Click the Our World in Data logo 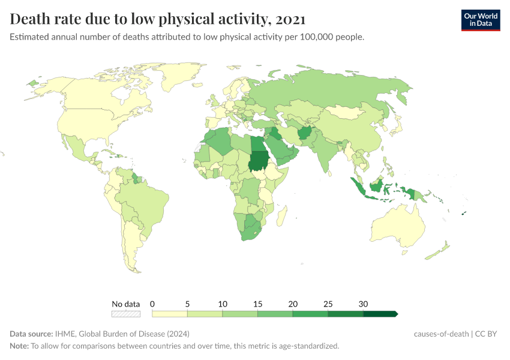coord(480,20)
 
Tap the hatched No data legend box coord(126,313)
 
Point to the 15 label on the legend coord(258,304)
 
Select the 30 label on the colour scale coord(363,304)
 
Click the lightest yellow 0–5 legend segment coord(170,313)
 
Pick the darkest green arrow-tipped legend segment coord(380,313)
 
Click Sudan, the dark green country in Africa coord(259,160)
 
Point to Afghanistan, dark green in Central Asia coord(304,133)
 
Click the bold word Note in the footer coord(19,346)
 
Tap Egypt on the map coord(256,144)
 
